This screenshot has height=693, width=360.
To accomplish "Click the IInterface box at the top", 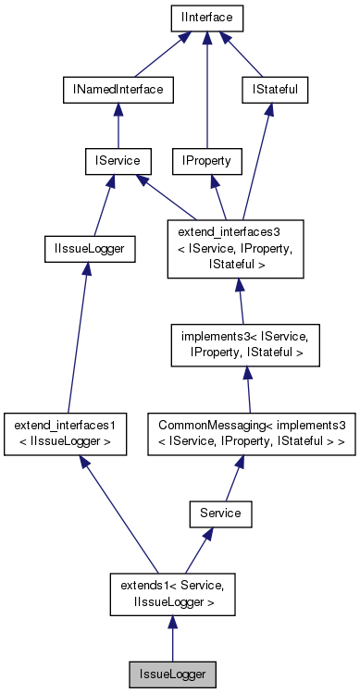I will click(x=206, y=18).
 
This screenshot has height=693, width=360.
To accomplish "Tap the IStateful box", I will click(x=273, y=90).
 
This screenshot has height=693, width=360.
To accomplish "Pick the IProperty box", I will click(x=206, y=161).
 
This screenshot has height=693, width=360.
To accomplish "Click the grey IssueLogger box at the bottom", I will click(x=172, y=673).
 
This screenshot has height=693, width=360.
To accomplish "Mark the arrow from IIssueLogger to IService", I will click(x=100, y=204).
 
